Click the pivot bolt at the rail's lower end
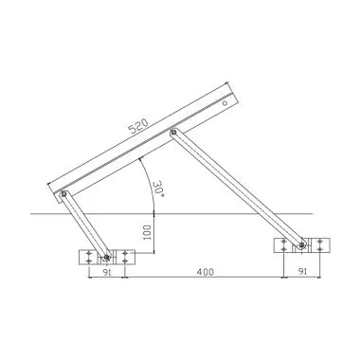63,197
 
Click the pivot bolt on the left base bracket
107,257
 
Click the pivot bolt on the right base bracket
302,246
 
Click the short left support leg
85,227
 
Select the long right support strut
237,189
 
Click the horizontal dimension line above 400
199,278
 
